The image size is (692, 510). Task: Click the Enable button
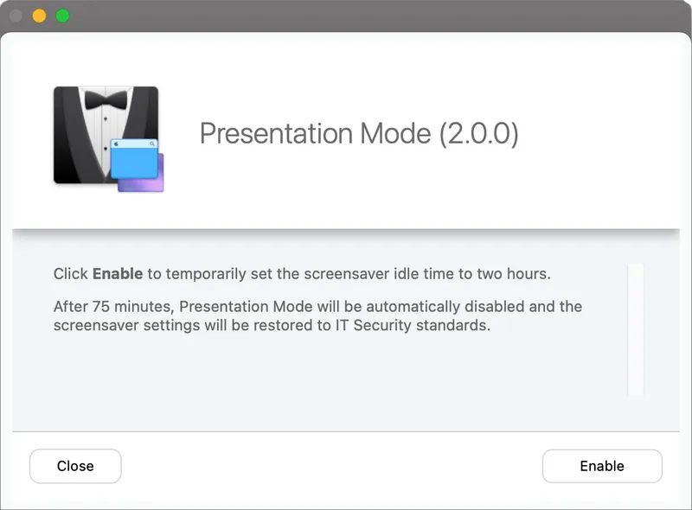tap(602, 466)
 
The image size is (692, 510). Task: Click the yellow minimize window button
tap(39, 16)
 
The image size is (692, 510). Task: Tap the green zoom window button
tap(62, 16)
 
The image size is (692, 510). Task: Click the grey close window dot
tap(16, 16)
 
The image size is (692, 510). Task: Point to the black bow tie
tap(106, 99)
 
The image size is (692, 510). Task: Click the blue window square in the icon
tap(135, 159)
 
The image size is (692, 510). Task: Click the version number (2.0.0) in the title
tap(478, 133)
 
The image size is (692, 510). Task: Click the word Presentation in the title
tap(276, 133)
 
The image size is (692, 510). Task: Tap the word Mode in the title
tap(395, 133)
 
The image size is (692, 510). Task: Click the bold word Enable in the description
tap(118, 273)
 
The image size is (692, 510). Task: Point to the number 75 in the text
tap(100, 306)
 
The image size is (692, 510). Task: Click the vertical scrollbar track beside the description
tap(636, 329)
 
